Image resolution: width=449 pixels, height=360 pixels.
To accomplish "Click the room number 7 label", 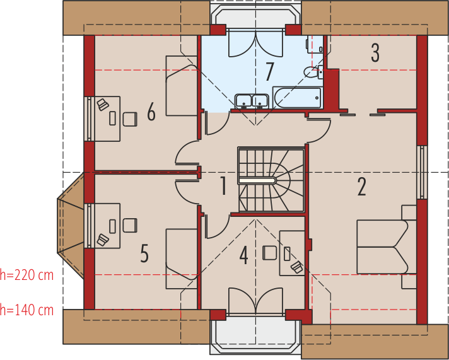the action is coord(269,72).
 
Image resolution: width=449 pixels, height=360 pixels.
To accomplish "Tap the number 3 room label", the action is coord(375,53).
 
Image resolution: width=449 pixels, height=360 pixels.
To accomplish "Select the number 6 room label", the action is coord(151,112).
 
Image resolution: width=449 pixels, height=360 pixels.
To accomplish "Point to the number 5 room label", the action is coord(144,253).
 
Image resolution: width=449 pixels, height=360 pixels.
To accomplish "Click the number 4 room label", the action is coord(243,255).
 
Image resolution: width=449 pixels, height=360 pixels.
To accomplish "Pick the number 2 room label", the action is coord(362,187).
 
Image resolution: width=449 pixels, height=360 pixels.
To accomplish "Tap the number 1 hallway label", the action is coord(223,186).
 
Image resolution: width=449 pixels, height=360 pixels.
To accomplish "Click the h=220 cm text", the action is coord(26,275).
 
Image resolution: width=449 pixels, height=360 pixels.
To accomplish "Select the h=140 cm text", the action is coord(26,310).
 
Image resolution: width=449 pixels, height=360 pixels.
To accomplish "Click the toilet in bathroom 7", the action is coord(313,72).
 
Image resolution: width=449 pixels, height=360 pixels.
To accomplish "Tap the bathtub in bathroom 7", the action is coord(297,98).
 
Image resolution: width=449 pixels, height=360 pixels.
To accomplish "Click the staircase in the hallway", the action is coord(271,180).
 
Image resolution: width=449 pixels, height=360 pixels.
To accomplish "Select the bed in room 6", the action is coord(182,86).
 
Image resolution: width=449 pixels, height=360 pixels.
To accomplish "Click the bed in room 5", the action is coord(182,258).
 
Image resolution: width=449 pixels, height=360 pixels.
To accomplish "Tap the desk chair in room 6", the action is coord(130,119).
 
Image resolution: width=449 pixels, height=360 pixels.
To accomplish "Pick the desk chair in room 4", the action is coord(270,253).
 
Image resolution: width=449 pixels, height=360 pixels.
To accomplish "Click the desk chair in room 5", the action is coord(130,225).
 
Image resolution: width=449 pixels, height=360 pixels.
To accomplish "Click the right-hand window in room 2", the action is coord(422,172).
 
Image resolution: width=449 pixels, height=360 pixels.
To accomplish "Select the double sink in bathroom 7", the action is coord(252,101).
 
